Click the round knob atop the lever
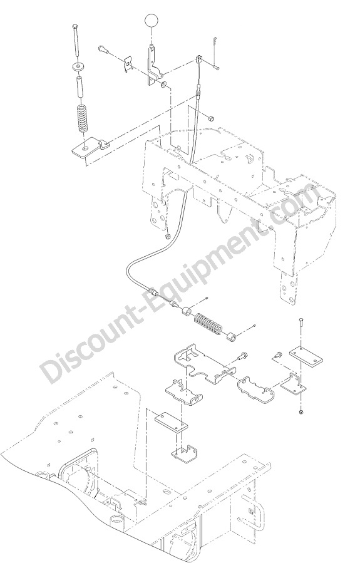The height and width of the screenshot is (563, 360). tap(150, 20)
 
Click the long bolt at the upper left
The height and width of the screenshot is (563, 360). tap(75, 39)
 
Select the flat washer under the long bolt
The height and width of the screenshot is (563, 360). tap(77, 66)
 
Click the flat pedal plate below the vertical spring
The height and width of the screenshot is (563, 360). tap(90, 148)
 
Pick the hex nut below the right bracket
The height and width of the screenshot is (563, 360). tap(301, 411)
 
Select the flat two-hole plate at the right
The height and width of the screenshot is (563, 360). tap(306, 355)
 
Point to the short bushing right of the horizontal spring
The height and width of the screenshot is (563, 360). tap(230, 337)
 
